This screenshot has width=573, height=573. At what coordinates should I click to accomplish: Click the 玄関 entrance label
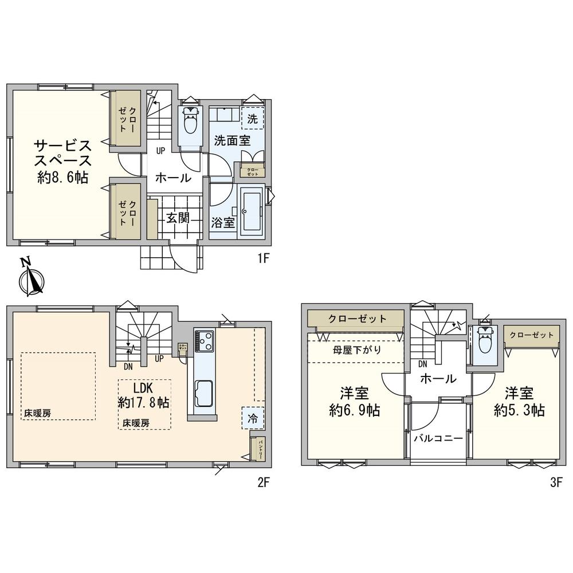[x=178, y=218]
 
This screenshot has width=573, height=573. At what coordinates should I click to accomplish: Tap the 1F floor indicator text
[x=262, y=258]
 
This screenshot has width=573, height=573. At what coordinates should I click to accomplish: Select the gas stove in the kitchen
[x=204, y=342]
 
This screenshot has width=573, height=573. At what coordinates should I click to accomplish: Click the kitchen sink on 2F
[x=203, y=394]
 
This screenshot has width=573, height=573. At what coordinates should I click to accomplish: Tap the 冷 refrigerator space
[x=253, y=418]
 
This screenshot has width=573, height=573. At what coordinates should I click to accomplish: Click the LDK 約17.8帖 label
[x=143, y=395]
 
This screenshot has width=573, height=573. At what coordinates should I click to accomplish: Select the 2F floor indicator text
[x=262, y=482]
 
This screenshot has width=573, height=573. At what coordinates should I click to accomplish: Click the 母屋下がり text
[x=357, y=350]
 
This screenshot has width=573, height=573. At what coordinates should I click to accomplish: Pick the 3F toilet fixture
[x=485, y=343]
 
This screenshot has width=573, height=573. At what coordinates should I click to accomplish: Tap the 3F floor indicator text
[x=555, y=482]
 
